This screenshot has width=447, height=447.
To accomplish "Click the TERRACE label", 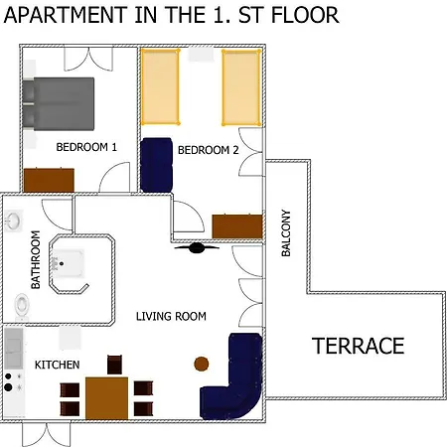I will (359, 347).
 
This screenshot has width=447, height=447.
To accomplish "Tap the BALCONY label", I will (286, 233).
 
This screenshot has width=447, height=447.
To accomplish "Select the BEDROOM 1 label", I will (86, 147).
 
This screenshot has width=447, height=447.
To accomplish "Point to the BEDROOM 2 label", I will (209, 151).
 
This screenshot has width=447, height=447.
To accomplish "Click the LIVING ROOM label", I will (171, 316).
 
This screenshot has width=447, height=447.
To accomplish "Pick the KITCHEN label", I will (58, 366).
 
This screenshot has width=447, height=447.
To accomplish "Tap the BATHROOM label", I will (36, 260).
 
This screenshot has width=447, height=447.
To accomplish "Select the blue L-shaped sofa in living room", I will (236, 382).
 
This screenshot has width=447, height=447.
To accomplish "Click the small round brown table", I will (202, 364).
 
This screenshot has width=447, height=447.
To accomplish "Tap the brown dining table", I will (106, 397).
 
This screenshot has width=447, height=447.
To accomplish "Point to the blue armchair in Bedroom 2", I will (157, 163).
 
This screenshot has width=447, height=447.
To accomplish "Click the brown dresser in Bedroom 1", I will (50, 180).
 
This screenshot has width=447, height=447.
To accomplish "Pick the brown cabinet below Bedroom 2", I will (236, 225).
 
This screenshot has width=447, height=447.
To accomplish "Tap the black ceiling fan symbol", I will (197, 249).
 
